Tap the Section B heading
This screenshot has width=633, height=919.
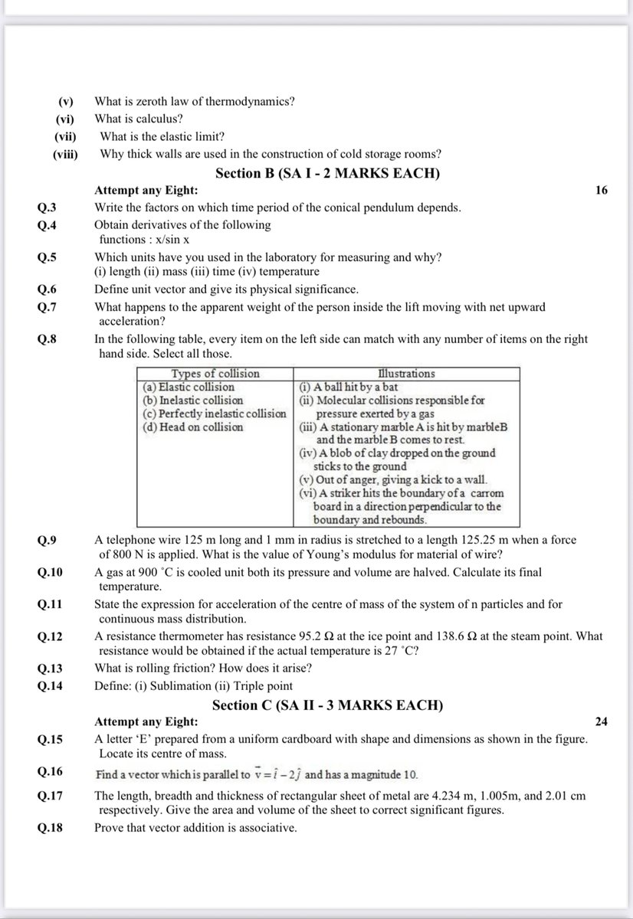(x=327, y=173)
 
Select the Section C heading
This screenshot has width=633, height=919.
(x=327, y=705)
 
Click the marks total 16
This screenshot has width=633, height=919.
(x=601, y=190)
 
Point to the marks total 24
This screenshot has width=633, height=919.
(x=601, y=721)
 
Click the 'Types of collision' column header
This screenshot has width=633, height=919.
(x=215, y=374)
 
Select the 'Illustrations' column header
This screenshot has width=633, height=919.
(x=406, y=374)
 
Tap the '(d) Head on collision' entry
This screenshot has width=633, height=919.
(x=193, y=427)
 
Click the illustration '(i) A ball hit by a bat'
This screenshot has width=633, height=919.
(x=348, y=387)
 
